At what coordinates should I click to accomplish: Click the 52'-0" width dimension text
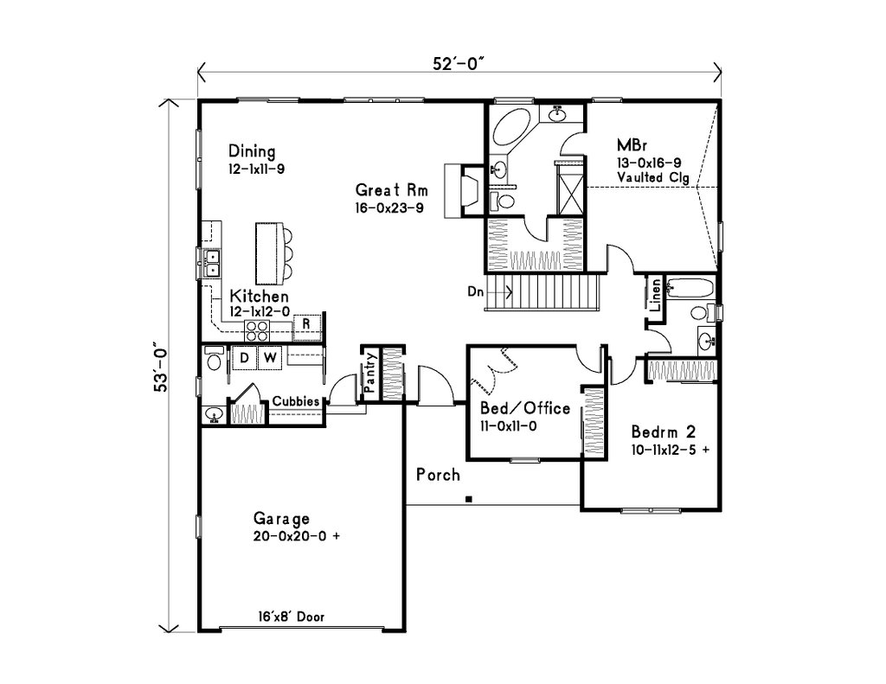[x=459, y=63]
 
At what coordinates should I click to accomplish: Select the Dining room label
[x=252, y=152]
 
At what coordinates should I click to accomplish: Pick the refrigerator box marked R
[x=306, y=325]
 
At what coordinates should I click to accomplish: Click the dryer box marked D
[x=244, y=356]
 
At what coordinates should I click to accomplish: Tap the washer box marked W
[x=270, y=356]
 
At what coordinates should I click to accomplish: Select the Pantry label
[x=369, y=373]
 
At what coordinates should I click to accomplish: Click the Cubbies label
[x=297, y=401]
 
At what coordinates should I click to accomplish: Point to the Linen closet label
[x=656, y=296]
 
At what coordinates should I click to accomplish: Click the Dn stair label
[x=475, y=292]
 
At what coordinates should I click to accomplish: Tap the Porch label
[x=438, y=475]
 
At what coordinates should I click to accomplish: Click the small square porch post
[x=468, y=498]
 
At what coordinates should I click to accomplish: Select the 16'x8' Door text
[x=290, y=617]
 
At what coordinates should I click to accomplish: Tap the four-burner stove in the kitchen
[x=257, y=329]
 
